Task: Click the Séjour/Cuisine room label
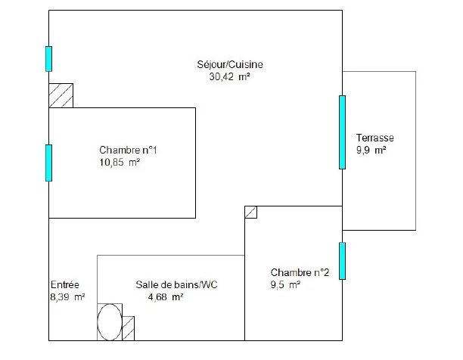click(230, 64)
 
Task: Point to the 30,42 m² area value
click(230, 76)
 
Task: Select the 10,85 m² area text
click(120, 161)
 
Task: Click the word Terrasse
click(374, 138)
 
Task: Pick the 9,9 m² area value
click(371, 151)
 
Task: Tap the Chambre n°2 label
click(300, 272)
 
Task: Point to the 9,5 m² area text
click(286, 284)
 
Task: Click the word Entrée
click(64, 284)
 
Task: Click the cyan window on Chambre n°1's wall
click(49, 163)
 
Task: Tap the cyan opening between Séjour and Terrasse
click(342, 132)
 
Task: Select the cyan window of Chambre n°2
click(342, 260)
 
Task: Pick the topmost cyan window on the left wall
click(49, 59)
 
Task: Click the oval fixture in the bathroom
click(109, 323)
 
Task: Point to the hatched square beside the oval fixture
click(129, 329)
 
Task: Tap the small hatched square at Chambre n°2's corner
click(251, 213)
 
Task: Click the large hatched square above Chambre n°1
click(61, 95)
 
